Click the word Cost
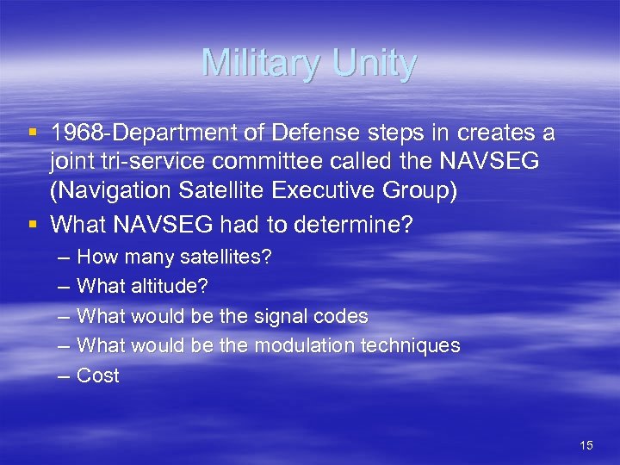[98, 375]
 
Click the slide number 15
[586, 445]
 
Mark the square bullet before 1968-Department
[33, 134]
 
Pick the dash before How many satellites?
[64, 257]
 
